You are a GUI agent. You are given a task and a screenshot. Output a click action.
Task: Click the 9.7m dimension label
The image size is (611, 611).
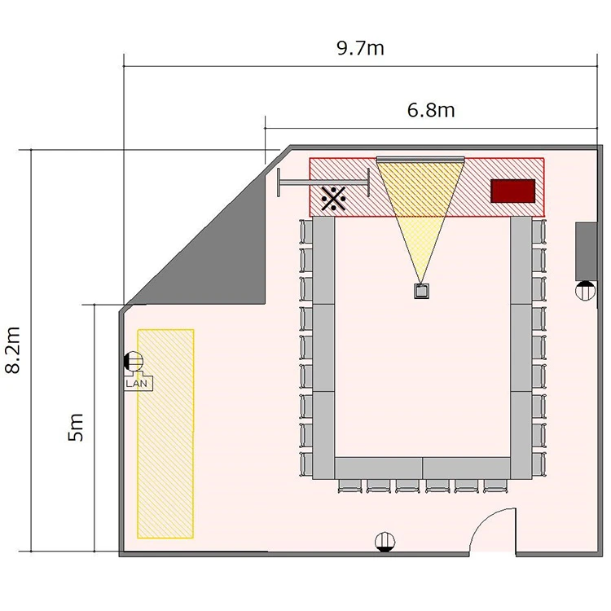point(360,48)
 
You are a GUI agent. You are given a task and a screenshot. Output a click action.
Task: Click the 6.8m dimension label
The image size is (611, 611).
point(431,110)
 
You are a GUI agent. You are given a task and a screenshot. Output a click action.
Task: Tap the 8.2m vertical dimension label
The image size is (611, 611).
point(13,350)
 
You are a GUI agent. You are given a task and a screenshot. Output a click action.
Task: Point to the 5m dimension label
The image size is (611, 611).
point(76,427)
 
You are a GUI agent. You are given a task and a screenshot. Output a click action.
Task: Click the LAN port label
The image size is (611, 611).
point(137,384)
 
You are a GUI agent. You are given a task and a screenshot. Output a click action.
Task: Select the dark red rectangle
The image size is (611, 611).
point(512,191)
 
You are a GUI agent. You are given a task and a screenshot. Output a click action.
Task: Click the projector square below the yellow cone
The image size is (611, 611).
point(421,291)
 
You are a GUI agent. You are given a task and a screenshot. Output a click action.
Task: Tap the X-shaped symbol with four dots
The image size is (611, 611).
point(333,198)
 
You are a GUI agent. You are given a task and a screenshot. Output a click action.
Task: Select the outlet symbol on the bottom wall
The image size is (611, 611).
point(385,542)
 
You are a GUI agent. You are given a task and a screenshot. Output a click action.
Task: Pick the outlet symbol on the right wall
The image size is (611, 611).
point(585,291)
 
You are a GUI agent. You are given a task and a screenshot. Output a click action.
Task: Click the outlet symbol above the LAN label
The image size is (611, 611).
point(134,361)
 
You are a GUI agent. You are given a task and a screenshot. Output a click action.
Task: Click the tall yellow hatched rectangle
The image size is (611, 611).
point(165,433)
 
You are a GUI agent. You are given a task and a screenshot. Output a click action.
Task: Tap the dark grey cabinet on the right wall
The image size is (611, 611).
point(586,252)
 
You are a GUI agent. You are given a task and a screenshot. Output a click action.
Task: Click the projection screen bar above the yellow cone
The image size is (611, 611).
point(420,159)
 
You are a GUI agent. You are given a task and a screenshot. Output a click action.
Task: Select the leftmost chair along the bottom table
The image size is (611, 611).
point(349,486)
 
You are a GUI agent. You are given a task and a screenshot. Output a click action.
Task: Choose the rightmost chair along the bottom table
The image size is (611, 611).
point(495,486)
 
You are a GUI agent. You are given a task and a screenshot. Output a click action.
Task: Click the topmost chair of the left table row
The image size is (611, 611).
point(305,232)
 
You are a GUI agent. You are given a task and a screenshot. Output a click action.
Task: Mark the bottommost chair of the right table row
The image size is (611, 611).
point(538,464)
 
